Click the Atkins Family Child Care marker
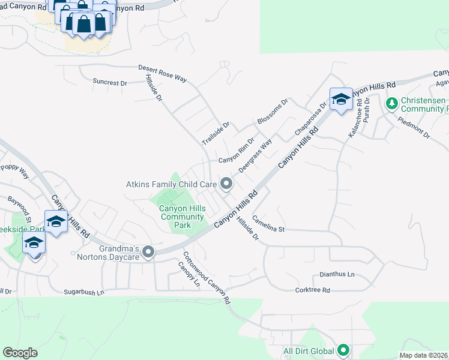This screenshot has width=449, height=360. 226,184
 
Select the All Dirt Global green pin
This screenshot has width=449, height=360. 343,349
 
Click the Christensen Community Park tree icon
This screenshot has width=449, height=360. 391,104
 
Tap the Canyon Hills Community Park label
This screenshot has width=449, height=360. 182,217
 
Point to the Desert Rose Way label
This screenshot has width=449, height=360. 163,73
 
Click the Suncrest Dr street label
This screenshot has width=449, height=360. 111,82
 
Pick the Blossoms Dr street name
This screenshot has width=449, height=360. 273,112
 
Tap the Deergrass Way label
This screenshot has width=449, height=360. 255,156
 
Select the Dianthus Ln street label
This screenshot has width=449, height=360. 337,274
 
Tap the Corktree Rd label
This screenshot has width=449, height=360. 313,290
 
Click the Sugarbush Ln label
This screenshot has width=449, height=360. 85,292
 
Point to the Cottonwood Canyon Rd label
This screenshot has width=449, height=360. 207,277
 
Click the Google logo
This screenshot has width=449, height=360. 20,353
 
